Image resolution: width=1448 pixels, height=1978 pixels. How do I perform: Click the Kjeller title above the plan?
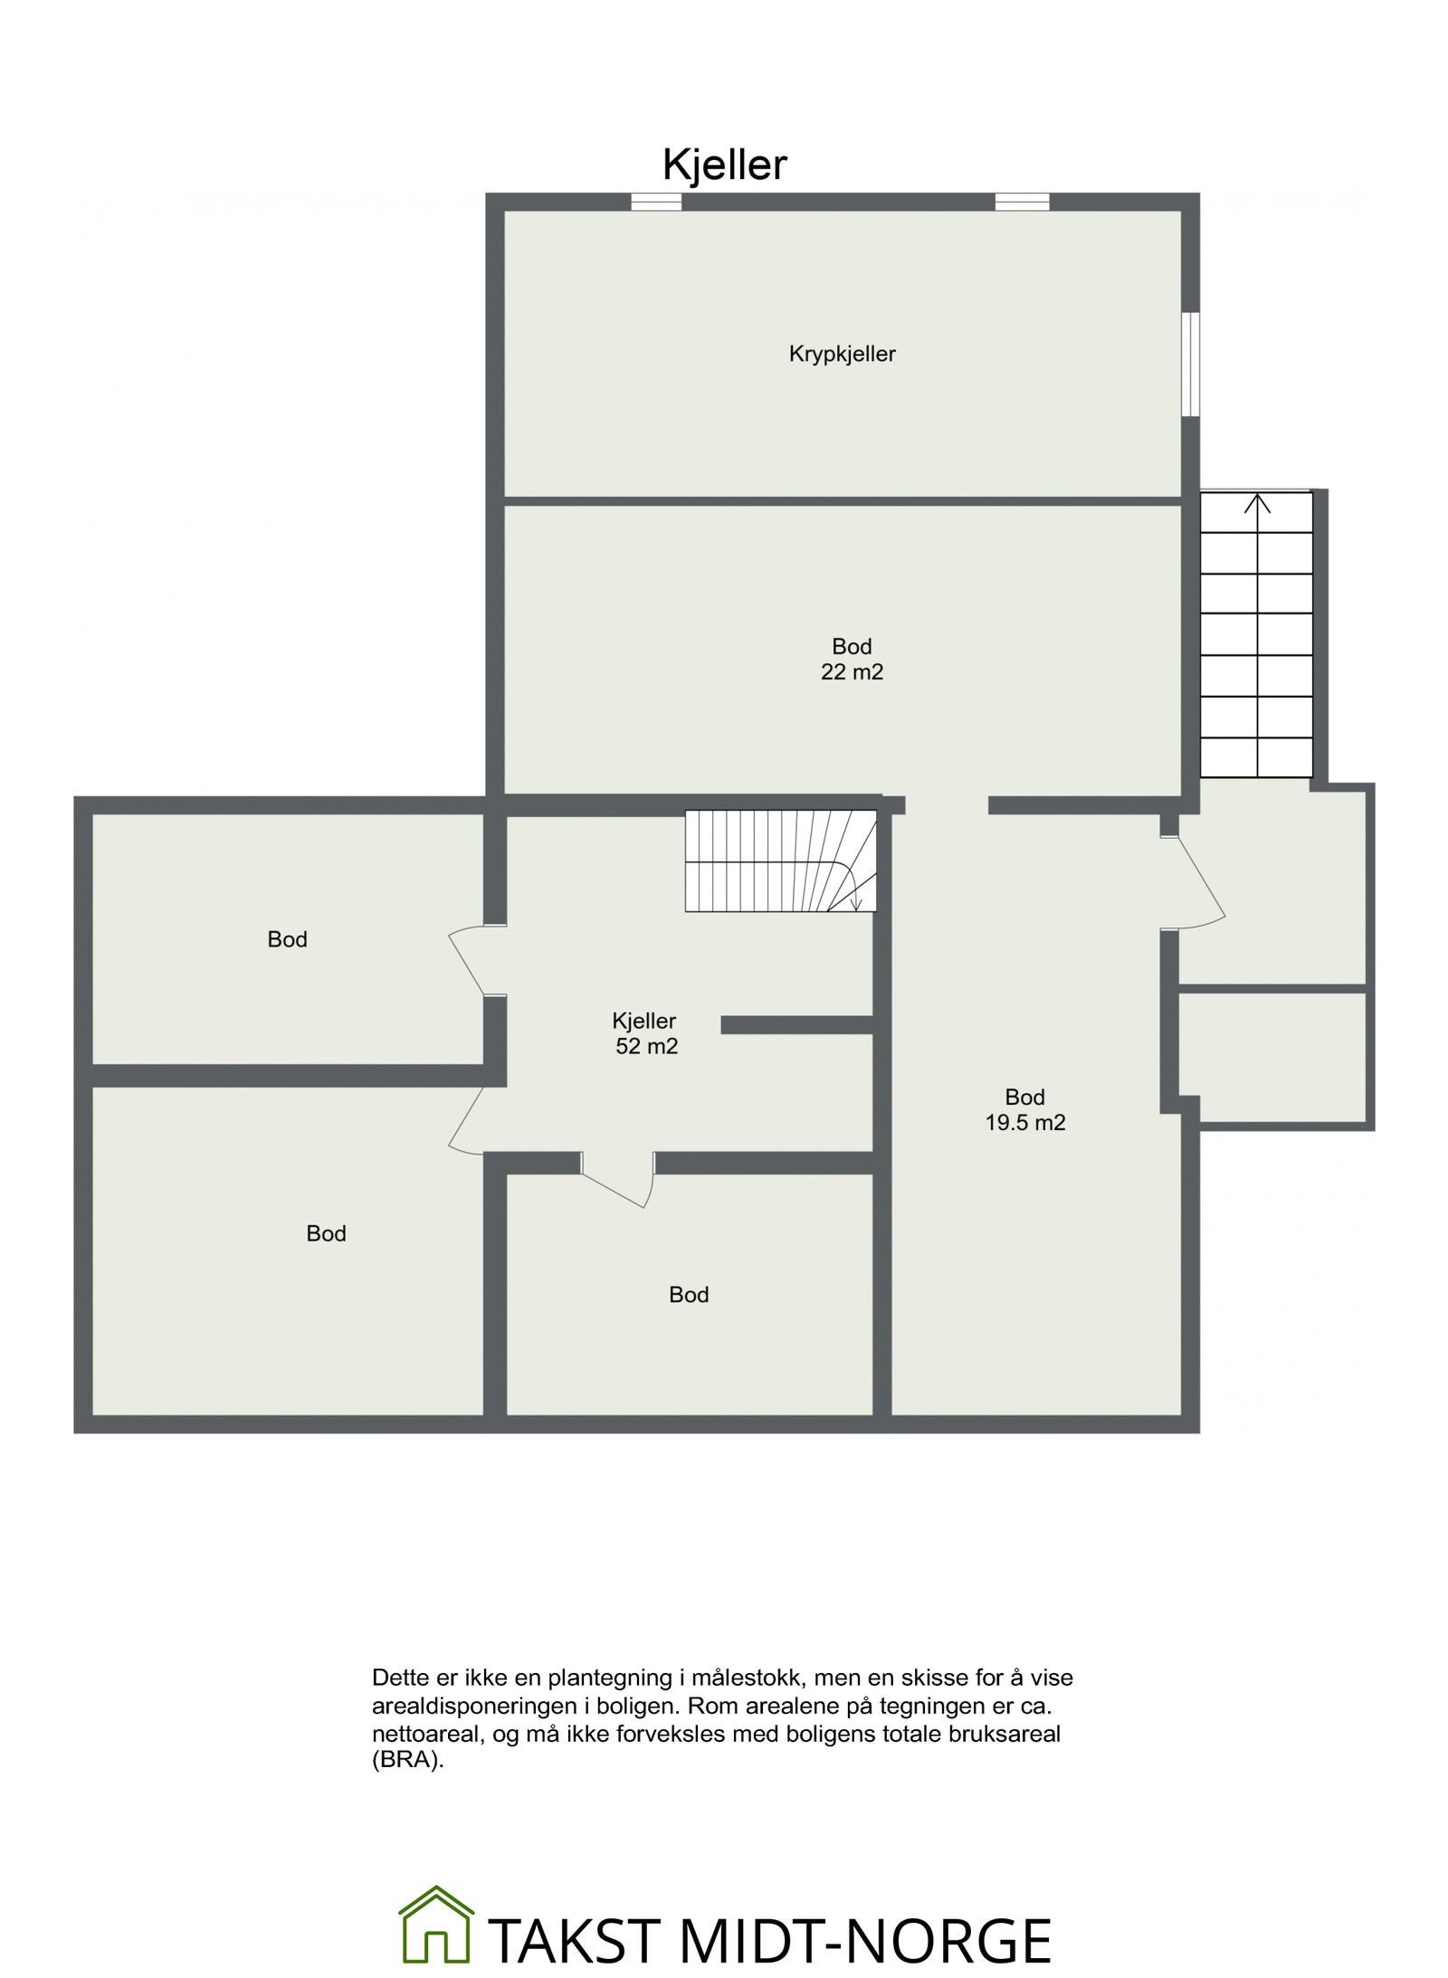tap(724, 166)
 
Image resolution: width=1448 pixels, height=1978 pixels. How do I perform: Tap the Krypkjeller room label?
tap(842, 354)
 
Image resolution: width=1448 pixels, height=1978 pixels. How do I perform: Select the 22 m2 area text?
tap(852, 672)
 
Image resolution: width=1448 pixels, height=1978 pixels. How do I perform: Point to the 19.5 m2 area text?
tap(1024, 1123)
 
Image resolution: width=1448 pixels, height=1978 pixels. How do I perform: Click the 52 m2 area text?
tap(646, 1046)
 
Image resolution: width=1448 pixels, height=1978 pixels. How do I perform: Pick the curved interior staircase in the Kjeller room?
tap(780, 861)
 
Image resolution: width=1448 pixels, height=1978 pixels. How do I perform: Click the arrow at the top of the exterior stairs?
tap(1256, 504)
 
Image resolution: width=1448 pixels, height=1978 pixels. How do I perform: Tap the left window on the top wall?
tap(655, 202)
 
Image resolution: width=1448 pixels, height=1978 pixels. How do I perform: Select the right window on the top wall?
tap(1022, 202)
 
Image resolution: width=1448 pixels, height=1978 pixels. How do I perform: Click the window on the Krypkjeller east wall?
tap(1191, 364)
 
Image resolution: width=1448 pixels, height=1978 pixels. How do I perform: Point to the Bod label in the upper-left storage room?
tap(287, 939)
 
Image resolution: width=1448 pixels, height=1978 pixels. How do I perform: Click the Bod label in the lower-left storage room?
tap(326, 1233)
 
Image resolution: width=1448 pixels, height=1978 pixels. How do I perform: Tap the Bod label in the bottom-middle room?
tap(688, 1295)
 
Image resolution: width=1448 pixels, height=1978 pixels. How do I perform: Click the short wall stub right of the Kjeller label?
tap(796, 1024)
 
